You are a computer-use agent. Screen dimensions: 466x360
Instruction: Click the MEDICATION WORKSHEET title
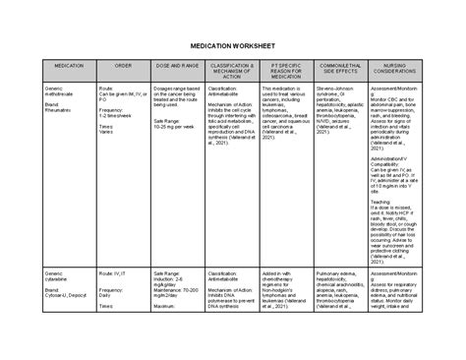(x=232, y=47)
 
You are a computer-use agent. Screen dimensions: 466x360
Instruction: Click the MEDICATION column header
(x=69, y=65)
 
